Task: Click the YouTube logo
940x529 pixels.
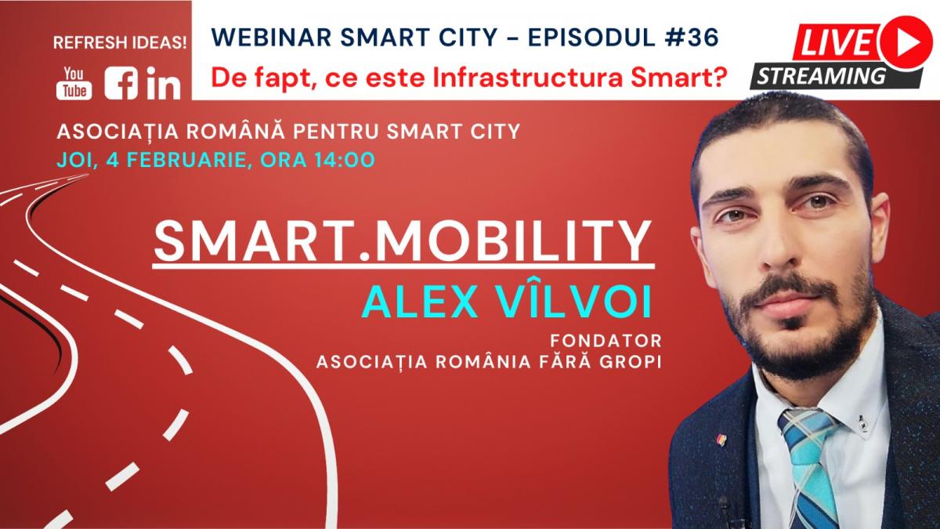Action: click(74, 83)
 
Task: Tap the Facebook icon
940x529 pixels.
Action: click(121, 83)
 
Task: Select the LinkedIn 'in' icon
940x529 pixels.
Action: click(164, 83)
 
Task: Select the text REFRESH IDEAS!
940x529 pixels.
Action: click(120, 43)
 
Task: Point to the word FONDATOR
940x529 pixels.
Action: click(606, 341)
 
